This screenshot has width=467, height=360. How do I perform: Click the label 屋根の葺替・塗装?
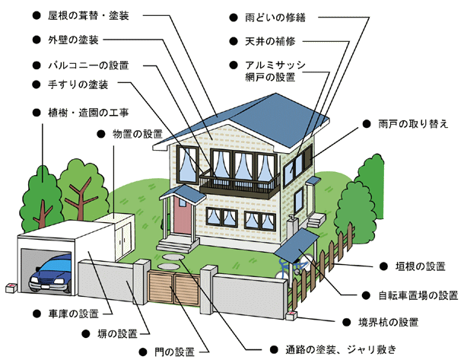coord(88,15)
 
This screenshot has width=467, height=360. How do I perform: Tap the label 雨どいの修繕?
coord(275,18)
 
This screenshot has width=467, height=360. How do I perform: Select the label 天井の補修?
coord(270,41)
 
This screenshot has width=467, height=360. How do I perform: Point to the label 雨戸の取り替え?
coord(413,123)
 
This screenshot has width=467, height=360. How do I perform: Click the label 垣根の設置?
coord(421,266)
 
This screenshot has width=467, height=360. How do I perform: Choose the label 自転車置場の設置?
coord(418,295)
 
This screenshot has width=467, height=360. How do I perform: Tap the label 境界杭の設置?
coord(389,322)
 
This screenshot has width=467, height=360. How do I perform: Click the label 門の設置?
coord(174,352)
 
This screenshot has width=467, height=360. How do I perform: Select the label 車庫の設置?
coord(73,314)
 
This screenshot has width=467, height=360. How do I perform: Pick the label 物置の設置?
coord(138,134)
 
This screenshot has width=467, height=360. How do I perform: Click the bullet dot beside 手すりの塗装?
coord(37,84)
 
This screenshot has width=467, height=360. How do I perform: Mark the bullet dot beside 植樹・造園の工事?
coord(37,113)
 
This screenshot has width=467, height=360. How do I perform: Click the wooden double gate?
coord(174,288)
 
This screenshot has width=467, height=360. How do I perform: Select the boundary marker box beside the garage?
coord(11,288)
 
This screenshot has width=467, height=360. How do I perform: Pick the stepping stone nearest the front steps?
coord(173,256)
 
